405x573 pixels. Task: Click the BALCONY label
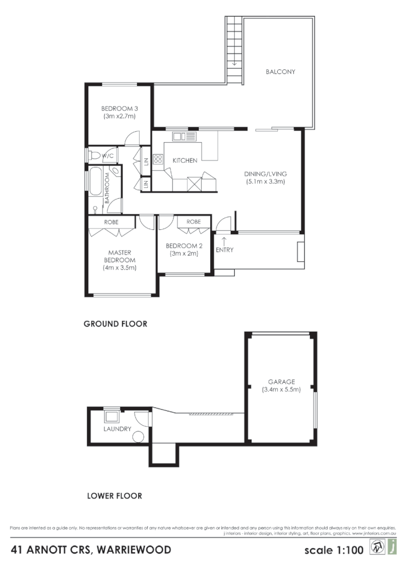(280, 72)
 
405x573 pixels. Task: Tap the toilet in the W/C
(95, 155)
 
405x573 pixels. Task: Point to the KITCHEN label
(185, 160)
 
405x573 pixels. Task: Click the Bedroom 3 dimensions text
(120, 116)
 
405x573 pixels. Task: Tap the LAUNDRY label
(117, 429)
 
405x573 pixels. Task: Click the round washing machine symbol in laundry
(139, 437)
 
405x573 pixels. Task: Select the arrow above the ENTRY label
(223, 240)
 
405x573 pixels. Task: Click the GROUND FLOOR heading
(115, 324)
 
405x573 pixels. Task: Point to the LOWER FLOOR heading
(114, 496)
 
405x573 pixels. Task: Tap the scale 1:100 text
(334, 550)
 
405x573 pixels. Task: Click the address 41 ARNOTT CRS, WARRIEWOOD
(91, 550)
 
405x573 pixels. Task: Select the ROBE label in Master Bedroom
(112, 222)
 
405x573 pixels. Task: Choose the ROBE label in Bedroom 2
(193, 222)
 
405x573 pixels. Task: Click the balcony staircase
(234, 50)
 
